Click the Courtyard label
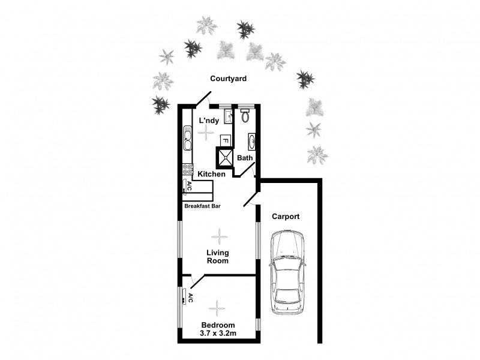coord(228,79)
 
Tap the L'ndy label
coord(208,121)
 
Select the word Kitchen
coord(212,174)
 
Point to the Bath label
coord(245,158)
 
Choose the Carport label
coord(286,217)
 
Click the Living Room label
coord(218,257)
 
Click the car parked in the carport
coord(288,272)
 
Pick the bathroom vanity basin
coord(251,143)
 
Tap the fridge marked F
coord(226,140)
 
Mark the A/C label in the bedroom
coord(190,298)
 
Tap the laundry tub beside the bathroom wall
coord(228,116)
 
